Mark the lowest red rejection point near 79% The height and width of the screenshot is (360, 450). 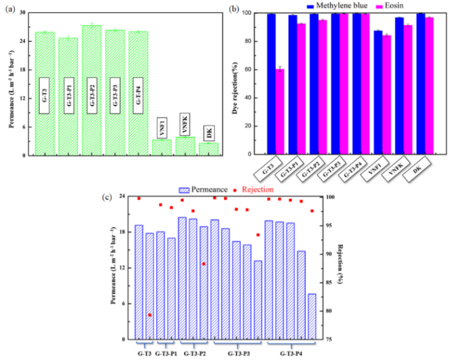150,315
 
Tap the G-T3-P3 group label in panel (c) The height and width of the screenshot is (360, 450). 239,353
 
